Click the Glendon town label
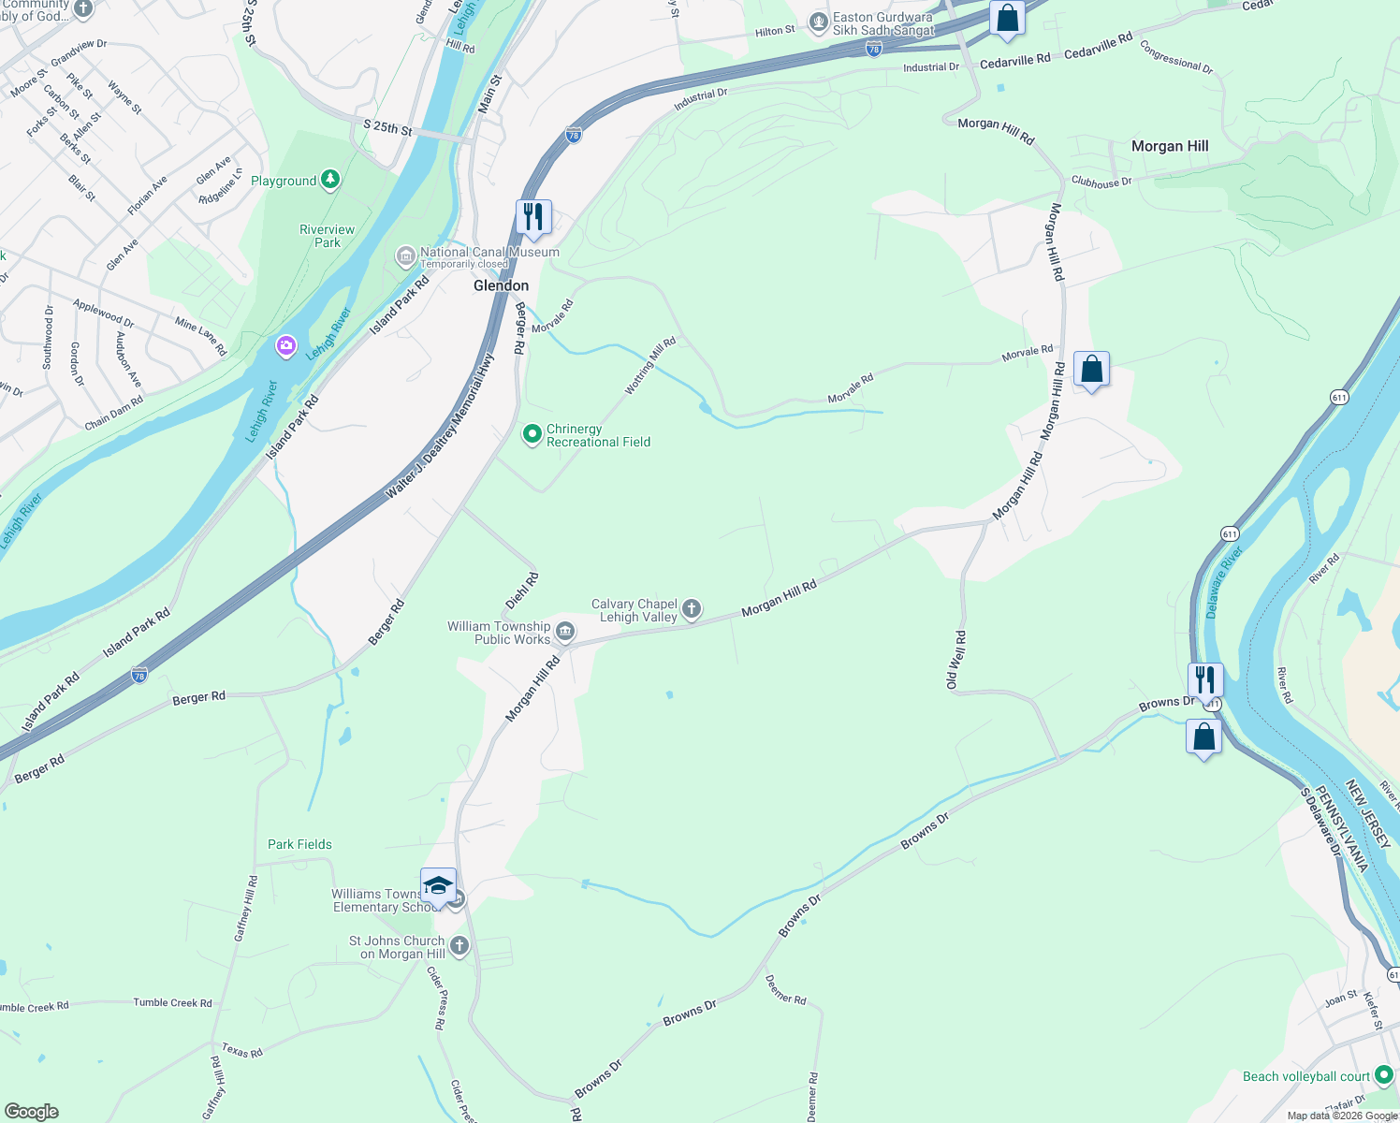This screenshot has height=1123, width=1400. [x=501, y=285]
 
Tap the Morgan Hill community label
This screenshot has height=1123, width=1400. [x=1170, y=146]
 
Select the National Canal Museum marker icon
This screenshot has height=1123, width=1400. [x=406, y=255]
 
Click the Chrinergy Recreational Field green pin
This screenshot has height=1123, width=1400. [x=532, y=434]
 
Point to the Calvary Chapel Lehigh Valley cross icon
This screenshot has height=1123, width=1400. [x=692, y=610]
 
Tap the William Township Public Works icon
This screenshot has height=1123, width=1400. [x=565, y=632]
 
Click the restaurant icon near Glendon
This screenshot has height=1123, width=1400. [x=533, y=216]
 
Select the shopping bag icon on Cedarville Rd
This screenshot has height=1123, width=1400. [x=1007, y=18]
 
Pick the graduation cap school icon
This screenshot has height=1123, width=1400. [x=438, y=884]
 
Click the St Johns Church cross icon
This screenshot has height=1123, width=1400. [x=459, y=946]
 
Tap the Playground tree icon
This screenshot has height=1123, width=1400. [x=329, y=180]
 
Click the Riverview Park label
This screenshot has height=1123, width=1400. [x=327, y=236]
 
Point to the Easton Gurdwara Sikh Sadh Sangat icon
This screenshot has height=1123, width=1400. [x=819, y=22]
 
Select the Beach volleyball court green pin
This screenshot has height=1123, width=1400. [x=1383, y=1075]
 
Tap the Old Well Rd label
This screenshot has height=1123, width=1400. [x=955, y=661]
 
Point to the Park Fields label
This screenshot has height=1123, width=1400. [x=299, y=844]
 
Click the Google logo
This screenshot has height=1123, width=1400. [x=32, y=1112]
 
